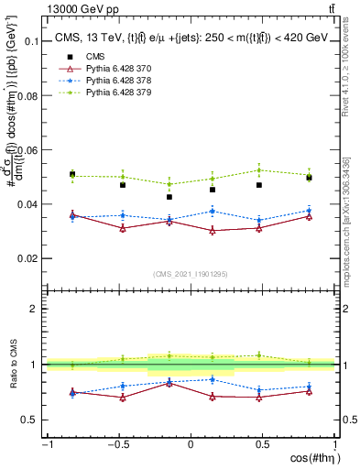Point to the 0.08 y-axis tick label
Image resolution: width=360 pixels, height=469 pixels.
[x=28, y=96]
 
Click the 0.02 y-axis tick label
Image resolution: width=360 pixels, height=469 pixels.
[x=28, y=258]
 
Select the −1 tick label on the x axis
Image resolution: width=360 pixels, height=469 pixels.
[x=46, y=444]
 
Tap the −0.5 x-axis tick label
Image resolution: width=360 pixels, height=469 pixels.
[x=117, y=444]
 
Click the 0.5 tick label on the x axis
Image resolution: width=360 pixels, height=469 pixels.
[x=264, y=444]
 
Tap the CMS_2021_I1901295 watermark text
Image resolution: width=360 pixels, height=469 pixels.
[x=190, y=274]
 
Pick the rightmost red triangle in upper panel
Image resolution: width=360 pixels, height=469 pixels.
[x=310, y=216]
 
